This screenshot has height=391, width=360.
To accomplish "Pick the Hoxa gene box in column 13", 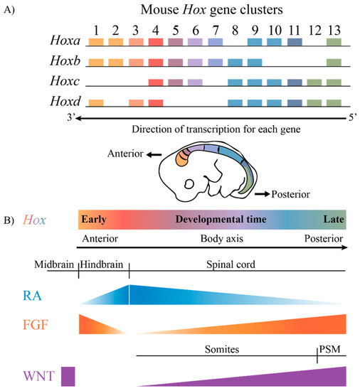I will (x=334, y=43).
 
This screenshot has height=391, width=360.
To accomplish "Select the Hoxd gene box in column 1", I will (x=96, y=103).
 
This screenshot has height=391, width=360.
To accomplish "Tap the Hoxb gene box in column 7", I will (x=215, y=63).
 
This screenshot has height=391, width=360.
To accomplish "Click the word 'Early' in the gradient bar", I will (x=94, y=220).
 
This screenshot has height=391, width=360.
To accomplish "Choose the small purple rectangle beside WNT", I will (x=68, y=376).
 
